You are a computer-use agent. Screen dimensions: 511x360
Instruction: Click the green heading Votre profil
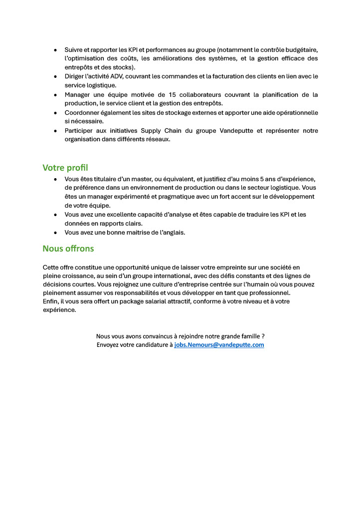[65, 168]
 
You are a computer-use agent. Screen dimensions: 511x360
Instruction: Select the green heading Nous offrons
[68, 248]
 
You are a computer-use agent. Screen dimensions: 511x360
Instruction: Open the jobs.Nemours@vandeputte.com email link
[219, 345]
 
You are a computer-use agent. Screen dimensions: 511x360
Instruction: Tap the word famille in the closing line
[246, 336]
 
